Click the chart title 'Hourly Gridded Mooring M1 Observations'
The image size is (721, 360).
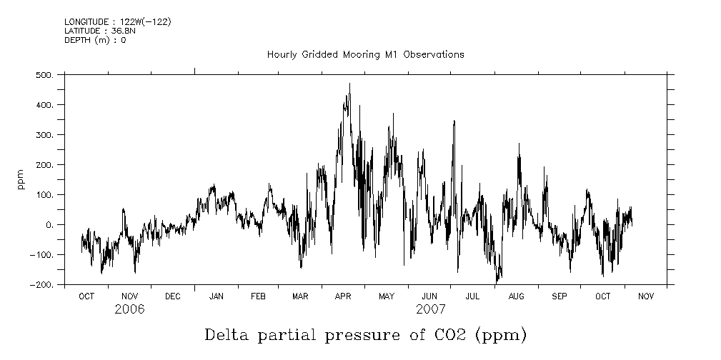pyautogui.click(x=365, y=54)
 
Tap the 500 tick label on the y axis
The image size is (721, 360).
pyautogui.click(x=46, y=75)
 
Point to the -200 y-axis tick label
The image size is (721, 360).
pyautogui.click(x=44, y=285)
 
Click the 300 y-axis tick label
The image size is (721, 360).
pyautogui.click(x=46, y=135)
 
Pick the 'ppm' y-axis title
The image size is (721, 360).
pyautogui.click(x=21, y=179)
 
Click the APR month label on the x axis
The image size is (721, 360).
pyautogui.click(x=344, y=296)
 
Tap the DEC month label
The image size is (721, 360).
pyautogui.click(x=172, y=296)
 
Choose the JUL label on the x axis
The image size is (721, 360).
pyautogui.click(x=472, y=296)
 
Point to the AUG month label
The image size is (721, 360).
pyautogui.click(x=516, y=296)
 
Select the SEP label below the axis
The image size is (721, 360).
pyautogui.click(x=559, y=296)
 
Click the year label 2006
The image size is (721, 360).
pyautogui.click(x=129, y=309)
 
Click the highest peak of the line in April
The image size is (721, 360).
pyautogui.click(x=349, y=84)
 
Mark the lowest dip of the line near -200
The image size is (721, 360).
pyautogui.click(x=497, y=284)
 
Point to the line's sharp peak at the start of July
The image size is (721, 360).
pyautogui.click(x=454, y=121)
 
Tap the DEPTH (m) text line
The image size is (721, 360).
pyautogui.click(x=95, y=40)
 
